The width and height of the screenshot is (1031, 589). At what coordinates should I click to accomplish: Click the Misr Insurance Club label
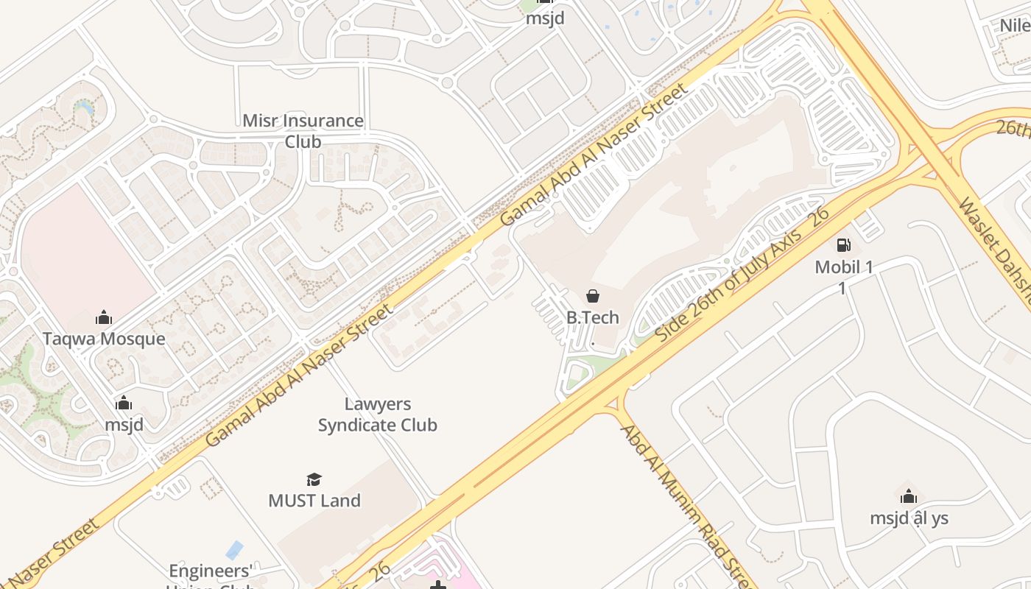click(303, 130)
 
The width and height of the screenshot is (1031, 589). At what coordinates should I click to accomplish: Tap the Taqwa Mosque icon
click(104, 317)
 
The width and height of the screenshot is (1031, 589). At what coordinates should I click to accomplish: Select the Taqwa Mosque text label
click(104, 339)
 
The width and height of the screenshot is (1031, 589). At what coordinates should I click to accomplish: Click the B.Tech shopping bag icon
click(593, 296)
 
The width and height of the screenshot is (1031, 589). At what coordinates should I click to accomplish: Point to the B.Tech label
click(593, 318)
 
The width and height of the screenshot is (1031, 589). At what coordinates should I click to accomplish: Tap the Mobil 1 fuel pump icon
click(844, 245)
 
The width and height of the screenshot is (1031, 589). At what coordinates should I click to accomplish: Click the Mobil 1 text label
click(844, 267)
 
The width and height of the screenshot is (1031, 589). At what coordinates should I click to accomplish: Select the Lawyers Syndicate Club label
click(378, 415)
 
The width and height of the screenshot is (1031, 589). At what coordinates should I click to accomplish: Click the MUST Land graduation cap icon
click(314, 479)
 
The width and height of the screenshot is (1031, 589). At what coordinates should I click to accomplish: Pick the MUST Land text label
click(314, 501)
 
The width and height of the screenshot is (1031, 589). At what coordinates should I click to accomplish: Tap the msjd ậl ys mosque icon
click(909, 495)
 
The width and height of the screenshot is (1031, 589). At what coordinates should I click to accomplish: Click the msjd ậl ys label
click(909, 518)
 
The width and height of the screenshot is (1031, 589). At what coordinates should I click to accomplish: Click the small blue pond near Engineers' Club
click(234, 549)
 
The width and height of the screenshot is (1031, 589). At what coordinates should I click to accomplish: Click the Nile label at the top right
click(1015, 26)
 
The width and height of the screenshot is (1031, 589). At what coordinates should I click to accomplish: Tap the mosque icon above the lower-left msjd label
click(124, 403)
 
